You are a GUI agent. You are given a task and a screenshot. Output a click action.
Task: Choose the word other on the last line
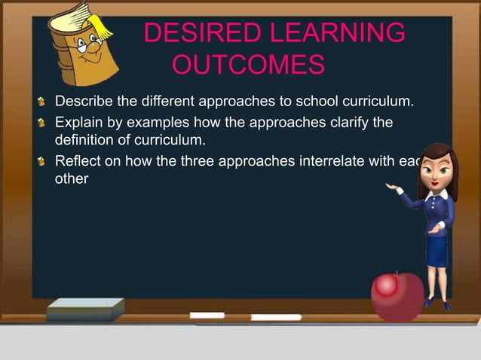[x=72, y=179]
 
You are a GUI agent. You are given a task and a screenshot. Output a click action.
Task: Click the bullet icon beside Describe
[x=44, y=102]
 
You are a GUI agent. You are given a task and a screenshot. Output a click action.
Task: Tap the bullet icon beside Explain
[x=44, y=122]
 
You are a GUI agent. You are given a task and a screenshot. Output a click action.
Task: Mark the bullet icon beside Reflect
[x=44, y=160]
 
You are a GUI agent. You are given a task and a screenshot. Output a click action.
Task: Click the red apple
[x=396, y=294]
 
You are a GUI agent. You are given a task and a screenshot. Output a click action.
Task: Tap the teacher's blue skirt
[x=437, y=250]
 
